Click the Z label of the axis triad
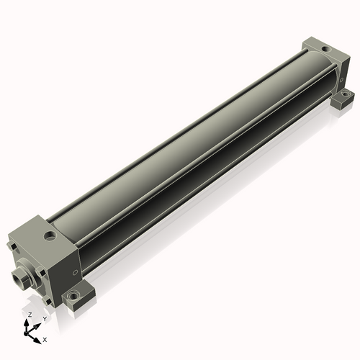coord(30,315)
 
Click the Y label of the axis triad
coord(45,319)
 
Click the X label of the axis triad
coord(45,340)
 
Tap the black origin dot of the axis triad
coord(26,333)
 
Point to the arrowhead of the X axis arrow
coord(37,341)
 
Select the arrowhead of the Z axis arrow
coord(26,322)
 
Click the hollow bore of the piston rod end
coord(18,279)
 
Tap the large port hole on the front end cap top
coord(50,235)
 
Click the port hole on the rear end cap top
coord(325,49)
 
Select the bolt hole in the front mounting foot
coord(73,294)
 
